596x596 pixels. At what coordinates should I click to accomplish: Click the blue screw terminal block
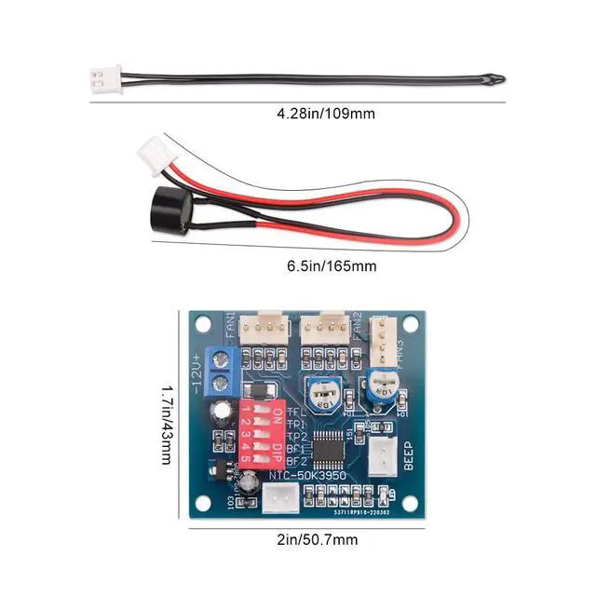(x=222, y=369)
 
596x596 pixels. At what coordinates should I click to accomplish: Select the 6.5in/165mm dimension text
(x=332, y=267)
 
